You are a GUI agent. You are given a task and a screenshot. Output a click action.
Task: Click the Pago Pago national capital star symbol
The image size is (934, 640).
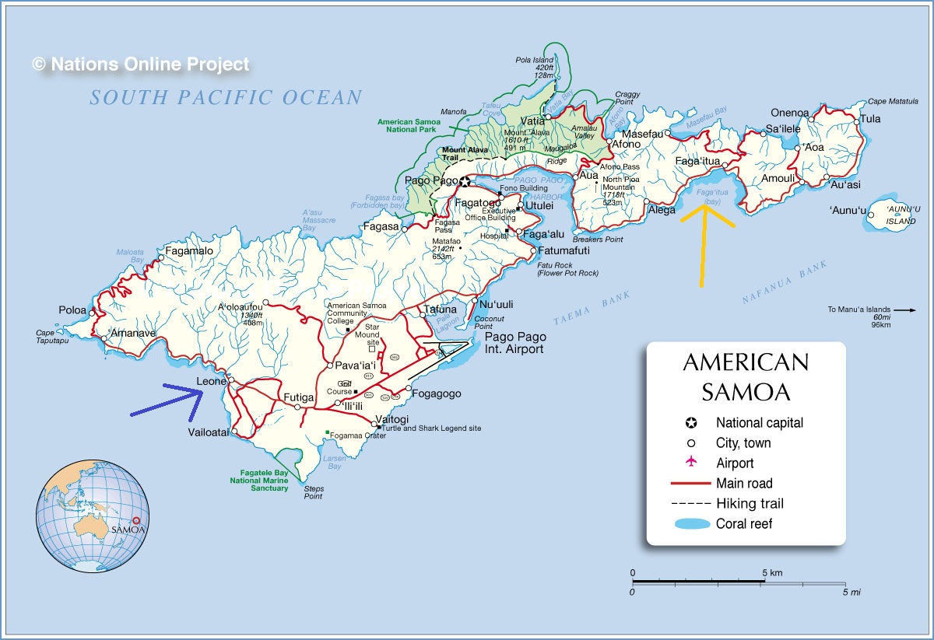point(465,182)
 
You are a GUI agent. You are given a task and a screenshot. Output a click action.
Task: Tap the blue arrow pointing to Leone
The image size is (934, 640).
point(167,400)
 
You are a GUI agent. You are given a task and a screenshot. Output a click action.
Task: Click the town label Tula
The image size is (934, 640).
point(870,119)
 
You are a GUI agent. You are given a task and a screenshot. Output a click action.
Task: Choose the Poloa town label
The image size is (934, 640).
point(73,310)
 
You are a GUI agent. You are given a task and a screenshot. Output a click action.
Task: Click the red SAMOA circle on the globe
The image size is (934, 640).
point(138,522)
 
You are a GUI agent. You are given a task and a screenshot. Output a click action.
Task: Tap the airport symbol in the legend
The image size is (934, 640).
point(690,463)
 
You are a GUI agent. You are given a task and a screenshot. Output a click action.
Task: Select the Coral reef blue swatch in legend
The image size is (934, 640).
point(690,523)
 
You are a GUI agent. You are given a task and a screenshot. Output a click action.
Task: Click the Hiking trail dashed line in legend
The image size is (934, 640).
point(690,503)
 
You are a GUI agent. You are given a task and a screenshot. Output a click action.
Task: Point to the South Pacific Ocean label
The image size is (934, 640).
point(226,98)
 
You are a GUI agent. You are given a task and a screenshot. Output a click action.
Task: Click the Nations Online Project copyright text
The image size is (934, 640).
point(142,65)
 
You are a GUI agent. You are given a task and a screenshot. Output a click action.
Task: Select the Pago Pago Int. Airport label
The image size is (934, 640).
point(515,343)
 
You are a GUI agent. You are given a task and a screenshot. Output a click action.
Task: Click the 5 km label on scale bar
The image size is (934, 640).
point(772,573)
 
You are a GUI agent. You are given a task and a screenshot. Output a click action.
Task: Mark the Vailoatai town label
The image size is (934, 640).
point(209,432)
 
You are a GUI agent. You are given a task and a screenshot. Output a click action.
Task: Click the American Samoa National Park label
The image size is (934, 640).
point(406,126)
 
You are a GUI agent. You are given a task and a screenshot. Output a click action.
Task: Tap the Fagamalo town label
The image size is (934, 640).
point(189,252)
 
